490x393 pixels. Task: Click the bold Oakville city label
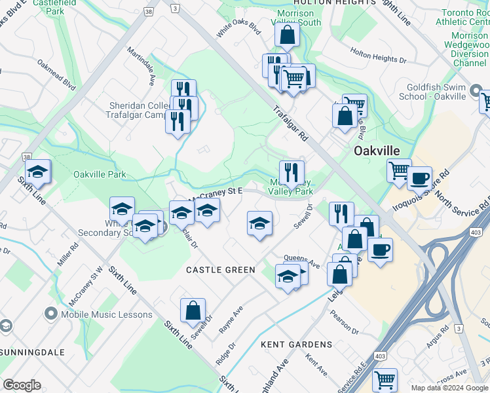pos(377,151)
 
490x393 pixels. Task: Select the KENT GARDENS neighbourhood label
pos(296,344)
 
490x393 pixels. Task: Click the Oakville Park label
pos(100,174)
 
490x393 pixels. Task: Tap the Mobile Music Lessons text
pos(107,314)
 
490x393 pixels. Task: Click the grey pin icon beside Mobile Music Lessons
pos(50,314)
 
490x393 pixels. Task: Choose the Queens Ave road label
pos(301,261)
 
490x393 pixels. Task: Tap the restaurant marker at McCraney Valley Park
pos(292,172)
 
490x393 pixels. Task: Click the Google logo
pos(22,385)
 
